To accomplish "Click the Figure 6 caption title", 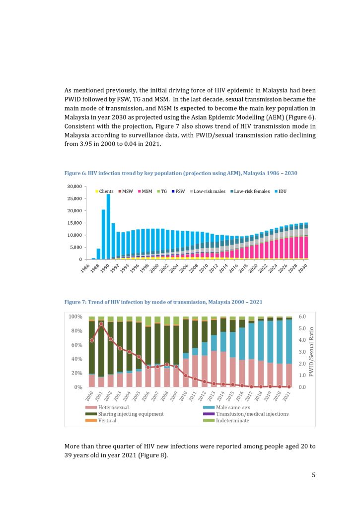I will click(181, 173).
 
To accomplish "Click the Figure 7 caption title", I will click(163, 302).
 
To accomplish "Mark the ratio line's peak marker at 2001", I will click(101, 324).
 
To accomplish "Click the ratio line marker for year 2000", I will click(91, 340).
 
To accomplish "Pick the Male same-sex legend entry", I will click(228, 407).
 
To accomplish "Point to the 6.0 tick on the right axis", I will click(302, 317).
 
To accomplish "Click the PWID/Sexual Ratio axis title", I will click(312, 352).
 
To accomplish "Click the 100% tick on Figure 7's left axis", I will click(75, 317).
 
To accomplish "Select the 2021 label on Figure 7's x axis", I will click(288, 395).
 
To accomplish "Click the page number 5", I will click(313, 475).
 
